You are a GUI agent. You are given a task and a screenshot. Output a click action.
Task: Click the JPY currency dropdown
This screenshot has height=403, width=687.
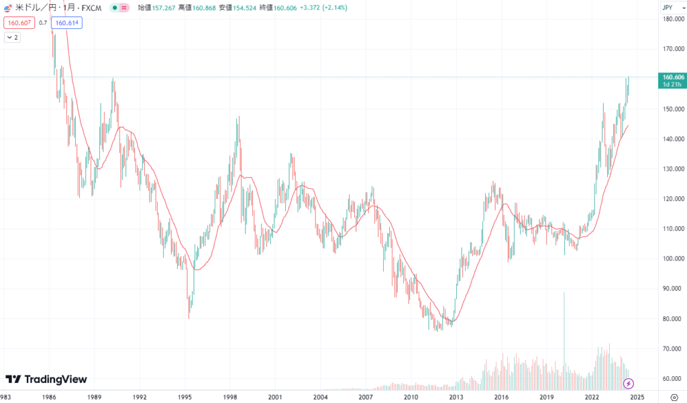click(668, 7)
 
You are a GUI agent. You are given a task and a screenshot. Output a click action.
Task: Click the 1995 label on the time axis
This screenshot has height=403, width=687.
click(185, 398)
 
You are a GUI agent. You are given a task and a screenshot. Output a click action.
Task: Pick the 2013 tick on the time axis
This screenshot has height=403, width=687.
click(457, 398)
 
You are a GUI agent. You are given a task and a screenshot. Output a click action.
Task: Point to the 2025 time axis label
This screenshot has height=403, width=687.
click(637, 398)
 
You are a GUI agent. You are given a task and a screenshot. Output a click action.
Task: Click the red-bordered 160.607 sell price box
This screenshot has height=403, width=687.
click(19, 23)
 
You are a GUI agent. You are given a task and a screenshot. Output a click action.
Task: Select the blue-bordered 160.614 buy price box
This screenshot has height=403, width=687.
click(66, 23)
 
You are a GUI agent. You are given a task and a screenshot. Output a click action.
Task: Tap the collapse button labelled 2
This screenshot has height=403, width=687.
click(12, 38)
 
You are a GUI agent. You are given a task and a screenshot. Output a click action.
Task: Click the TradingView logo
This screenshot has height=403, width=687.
click(46, 379)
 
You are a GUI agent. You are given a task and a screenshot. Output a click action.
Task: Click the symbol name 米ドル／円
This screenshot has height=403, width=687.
click(38, 7)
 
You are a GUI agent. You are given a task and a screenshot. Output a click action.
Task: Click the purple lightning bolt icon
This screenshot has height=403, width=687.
click(629, 384)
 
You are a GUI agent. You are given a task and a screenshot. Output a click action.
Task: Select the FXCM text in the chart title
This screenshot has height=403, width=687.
click(91, 7)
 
